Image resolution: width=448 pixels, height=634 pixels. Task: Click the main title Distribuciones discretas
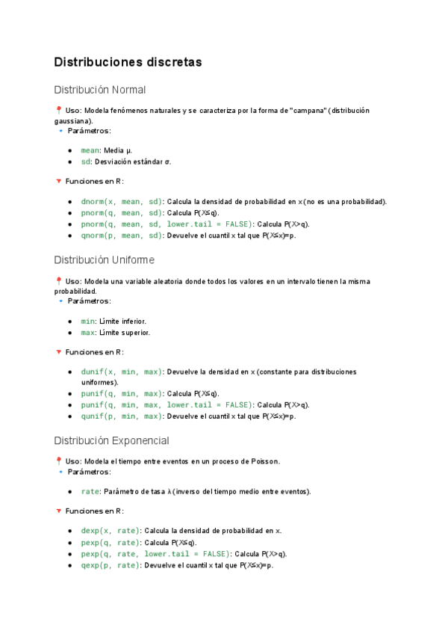128,63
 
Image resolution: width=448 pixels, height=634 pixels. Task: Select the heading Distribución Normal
99,90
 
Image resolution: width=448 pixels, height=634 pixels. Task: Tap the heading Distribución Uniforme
104,260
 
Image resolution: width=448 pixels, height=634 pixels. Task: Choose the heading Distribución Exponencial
111,440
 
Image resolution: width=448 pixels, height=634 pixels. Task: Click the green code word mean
90,150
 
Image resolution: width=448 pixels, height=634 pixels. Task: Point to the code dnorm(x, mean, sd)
121,201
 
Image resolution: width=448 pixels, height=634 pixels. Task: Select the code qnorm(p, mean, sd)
121,236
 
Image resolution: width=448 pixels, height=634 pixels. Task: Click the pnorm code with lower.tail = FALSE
167,224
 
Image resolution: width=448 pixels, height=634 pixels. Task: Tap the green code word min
87,321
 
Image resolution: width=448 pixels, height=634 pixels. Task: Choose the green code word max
87,332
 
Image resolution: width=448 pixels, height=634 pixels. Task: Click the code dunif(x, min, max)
121,372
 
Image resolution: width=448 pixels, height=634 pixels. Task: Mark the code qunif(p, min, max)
121,416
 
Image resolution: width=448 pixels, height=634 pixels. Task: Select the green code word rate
90,491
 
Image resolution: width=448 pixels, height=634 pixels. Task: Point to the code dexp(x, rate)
110,531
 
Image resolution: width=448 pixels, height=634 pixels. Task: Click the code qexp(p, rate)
110,565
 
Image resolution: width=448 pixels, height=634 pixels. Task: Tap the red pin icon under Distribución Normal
58,110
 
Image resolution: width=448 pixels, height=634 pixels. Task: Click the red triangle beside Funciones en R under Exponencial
58,511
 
